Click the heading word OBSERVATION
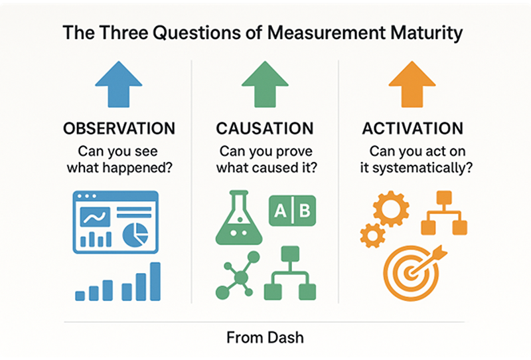[x=119, y=128]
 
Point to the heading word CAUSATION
[x=265, y=128]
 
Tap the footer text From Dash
[x=265, y=337]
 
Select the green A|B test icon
[x=292, y=211]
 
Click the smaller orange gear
[x=372, y=234]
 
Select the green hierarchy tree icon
[x=289, y=274]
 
